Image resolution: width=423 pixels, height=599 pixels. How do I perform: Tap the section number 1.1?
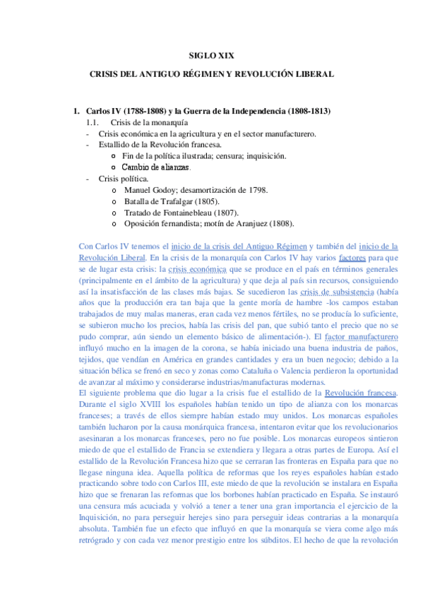click(x=95, y=122)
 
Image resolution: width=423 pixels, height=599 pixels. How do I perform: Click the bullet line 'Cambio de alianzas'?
click(x=155, y=167)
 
